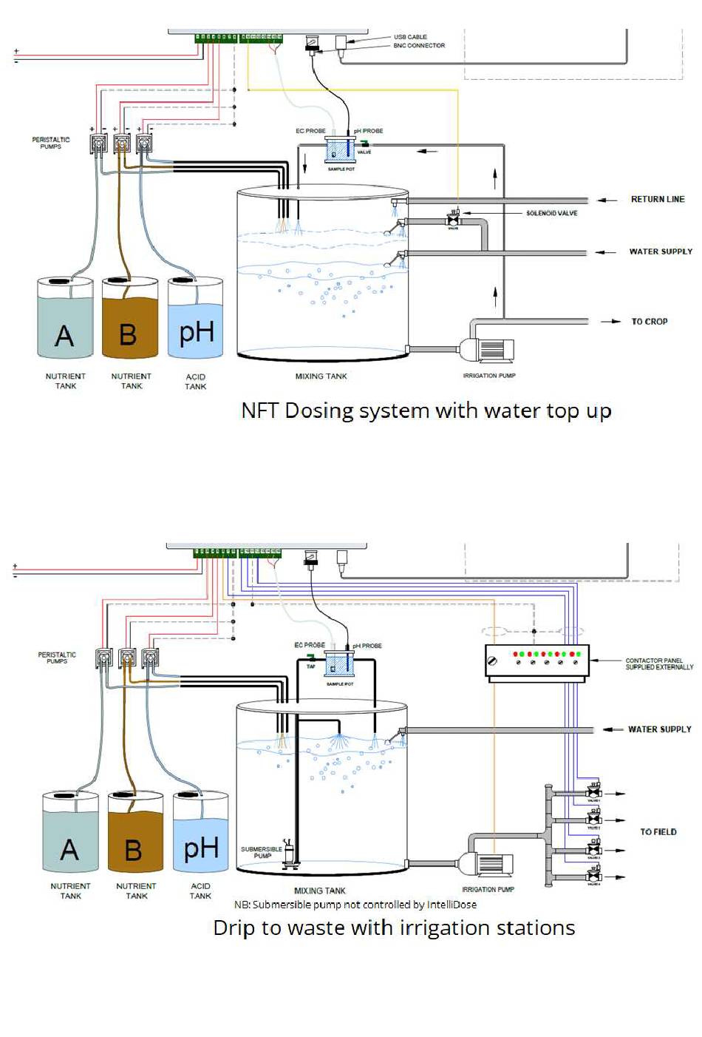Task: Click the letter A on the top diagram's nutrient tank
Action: click(x=65, y=336)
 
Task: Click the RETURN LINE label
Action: click(x=657, y=199)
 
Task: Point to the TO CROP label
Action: click(x=649, y=322)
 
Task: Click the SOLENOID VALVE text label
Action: click(x=551, y=213)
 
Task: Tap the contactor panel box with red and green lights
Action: click(x=537, y=660)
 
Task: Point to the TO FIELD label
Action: click(x=658, y=832)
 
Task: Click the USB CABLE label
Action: click(x=410, y=36)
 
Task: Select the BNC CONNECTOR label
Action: click(x=419, y=46)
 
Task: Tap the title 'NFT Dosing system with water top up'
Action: click(x=426, y=411)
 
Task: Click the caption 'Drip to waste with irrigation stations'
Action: click(x=394, y=928)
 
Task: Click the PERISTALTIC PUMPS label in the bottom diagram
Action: click(x=57, y=658)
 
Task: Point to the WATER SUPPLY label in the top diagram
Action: click(x=661, y=251)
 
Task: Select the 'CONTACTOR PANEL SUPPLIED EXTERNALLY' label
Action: click(x=659, y=663)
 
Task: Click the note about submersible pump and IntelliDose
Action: click(x=355, y=905)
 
